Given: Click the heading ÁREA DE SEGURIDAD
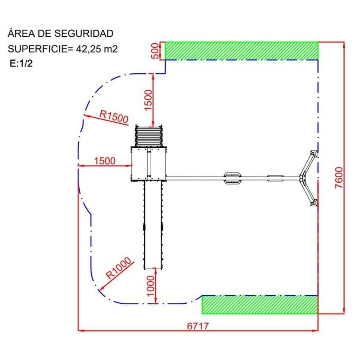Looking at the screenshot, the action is tap(60, 33).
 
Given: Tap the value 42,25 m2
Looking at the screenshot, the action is tap(97, 49).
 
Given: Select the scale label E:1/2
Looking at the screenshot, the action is tap(21, 63).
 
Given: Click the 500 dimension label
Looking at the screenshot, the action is tap(155, 51).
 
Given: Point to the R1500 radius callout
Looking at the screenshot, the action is tap(114, 117).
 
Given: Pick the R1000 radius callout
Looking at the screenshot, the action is tap(118, 268).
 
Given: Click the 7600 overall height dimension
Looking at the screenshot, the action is tap(339, 178).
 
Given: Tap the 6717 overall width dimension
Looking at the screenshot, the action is tap(198, 326).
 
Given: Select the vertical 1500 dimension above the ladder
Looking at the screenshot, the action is tap(148, 100).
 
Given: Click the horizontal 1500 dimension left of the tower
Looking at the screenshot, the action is tap(105, 161).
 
